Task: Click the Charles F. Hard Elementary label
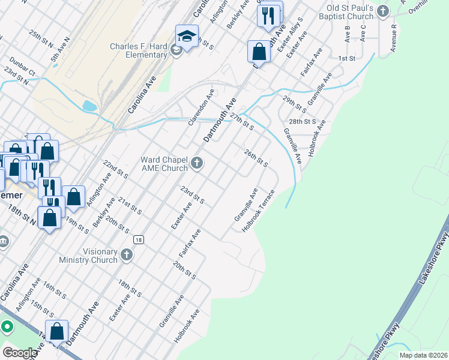138,50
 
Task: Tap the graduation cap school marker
187,36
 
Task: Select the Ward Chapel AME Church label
164,164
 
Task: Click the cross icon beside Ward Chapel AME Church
196,163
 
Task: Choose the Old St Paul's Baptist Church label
350,13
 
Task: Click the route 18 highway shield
139,239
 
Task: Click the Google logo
19,352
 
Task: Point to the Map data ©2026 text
423,355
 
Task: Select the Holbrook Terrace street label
258,211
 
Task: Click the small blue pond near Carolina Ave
89,107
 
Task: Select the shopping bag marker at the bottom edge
56,332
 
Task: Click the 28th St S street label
305,121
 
